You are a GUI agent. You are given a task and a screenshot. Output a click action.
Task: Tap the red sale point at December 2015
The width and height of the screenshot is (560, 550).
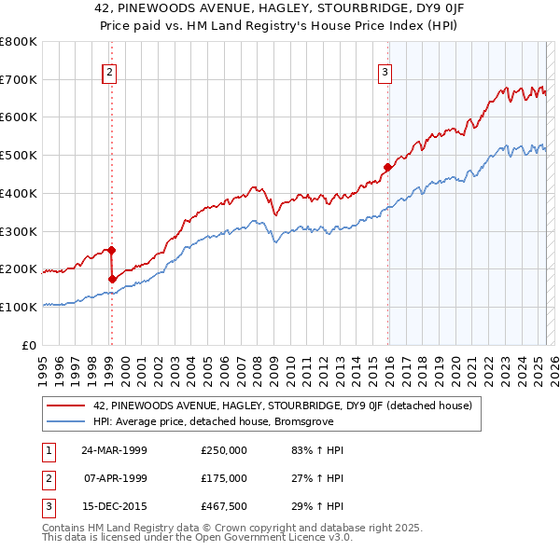pos(386,168)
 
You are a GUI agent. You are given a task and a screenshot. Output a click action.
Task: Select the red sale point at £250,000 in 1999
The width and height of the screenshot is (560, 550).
pos(111,250)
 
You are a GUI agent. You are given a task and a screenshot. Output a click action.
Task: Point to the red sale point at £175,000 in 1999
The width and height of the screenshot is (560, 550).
pos(112,278)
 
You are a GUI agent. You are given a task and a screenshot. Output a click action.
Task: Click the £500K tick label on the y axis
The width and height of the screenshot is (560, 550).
pos(19,156)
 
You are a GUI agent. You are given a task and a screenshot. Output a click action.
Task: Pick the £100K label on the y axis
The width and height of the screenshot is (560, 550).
pos(19,307)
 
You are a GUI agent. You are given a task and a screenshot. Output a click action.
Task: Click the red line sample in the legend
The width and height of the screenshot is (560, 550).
pos(65,406)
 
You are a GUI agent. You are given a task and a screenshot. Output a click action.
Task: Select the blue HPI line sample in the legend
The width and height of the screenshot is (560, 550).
pos(65,421)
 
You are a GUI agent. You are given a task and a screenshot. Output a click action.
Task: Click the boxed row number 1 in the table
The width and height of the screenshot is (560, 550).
pos(47,449)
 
